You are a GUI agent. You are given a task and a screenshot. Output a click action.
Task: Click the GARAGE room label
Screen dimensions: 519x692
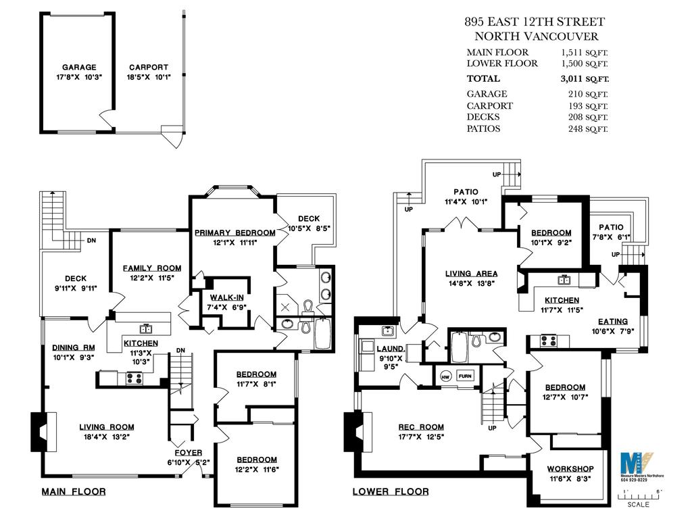[x=79, y=68]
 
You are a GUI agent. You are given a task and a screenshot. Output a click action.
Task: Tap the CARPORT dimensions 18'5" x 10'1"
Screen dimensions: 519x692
[x=148, y=78]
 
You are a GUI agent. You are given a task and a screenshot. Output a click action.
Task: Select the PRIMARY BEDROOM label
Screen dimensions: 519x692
[x=234, y=232]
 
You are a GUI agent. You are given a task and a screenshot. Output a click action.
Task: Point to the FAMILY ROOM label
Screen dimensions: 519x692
[x=151, y=268]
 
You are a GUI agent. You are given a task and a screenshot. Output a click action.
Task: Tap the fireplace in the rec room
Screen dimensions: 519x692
[x=355, y=432]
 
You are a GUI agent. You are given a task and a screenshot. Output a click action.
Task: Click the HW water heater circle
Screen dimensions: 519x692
[x=446, y=376]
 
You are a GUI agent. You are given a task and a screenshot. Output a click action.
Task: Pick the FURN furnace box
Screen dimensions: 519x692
[x=466, y=376]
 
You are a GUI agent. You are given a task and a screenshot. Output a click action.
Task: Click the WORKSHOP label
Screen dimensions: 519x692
[x=570, y=468]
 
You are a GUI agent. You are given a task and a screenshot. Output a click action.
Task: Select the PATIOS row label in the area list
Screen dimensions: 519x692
[x=484, y=128]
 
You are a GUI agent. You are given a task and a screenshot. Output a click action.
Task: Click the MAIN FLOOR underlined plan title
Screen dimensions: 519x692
[x=74, y=492]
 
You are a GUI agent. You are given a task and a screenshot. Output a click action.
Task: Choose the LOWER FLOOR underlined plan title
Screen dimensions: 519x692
[x=390, y=492]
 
